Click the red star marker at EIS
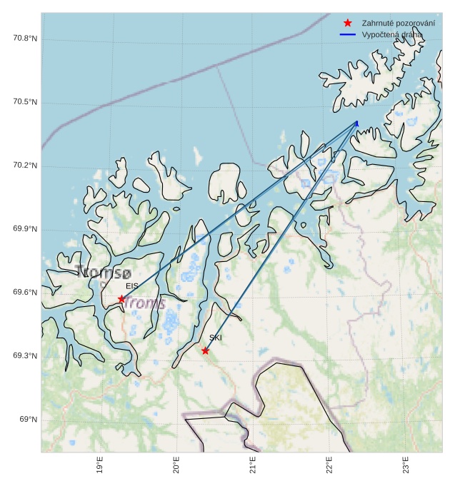click(x=121, y=299)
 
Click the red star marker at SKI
click(x=205, y=350)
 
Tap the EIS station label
click(x=132, y=286)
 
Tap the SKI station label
click(x=216, y=338)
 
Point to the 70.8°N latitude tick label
click(x=25, y=38)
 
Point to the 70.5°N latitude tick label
click(x=25, y=102)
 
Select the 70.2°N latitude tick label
click(x=25, y=166)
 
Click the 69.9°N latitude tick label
click(x=25, y=229)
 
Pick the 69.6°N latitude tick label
click(x=25, y=293)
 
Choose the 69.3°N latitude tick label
click(x=25, y=355)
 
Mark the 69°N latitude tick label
click(x=29, y=419)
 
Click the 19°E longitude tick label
click(x=100, y=466)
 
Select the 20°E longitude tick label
click(x=176, y=466)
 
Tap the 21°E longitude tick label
click(x=253, y=466)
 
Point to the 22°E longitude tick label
click(x=329, y=466)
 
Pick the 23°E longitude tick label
click(x=406, y=466)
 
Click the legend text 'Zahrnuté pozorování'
click(x=399, y=23)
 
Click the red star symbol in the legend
click(x=348, y=23)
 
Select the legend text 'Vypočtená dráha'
click(x=392, y=34)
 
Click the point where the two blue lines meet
click(x=357, y=122)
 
